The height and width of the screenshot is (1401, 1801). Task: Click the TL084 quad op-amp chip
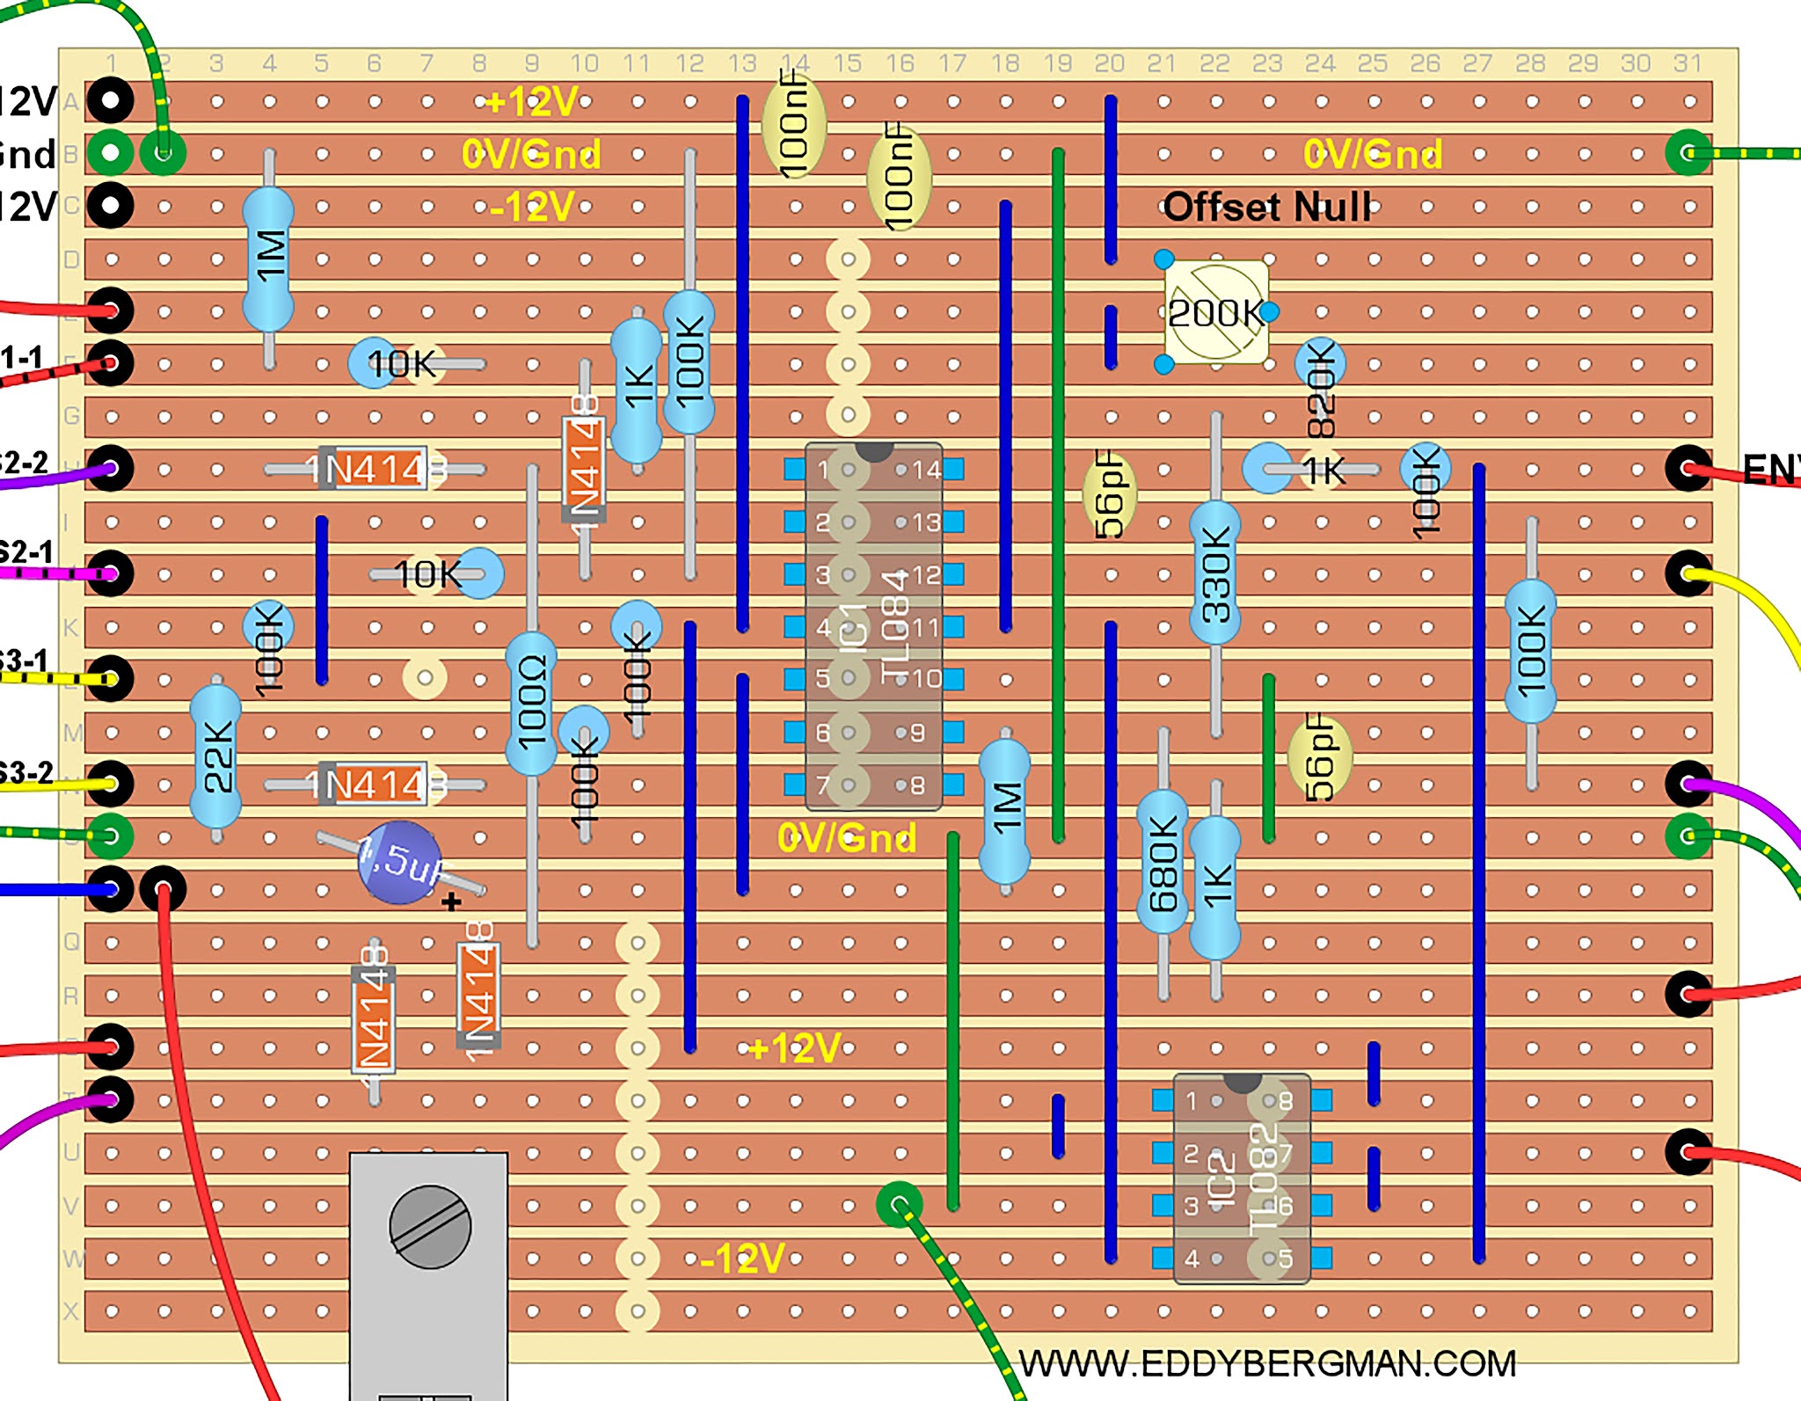pyautogui.click(x=873, y=626)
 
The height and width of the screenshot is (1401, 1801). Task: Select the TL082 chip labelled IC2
pyautogui.click(x=1242, y=1178)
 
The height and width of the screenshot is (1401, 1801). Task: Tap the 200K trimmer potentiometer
pyautogui.click(x=1216, y=312)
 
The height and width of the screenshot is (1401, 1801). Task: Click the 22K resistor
pyautogui.click(x=215, y=756)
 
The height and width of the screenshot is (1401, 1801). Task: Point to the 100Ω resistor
pyautogui.click(x=531, y=704)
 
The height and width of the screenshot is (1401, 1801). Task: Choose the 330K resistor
pyautogui.click(x=1215, y=573)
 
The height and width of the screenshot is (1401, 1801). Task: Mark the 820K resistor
pyautogui.click(x=1320, y=387)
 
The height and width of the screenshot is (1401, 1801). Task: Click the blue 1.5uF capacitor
pyautogui.click(x=400, y=863)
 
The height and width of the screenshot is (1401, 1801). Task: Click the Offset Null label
pyautogui.click(x=1266, y=208)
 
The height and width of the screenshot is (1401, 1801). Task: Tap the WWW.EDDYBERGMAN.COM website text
pyautogui.click(x=1266, y=1364)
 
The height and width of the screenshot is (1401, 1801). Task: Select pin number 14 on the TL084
pyautogui.click(x=926, y=471)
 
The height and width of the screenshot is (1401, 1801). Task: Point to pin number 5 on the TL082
pyautogui.click(x=1285, y=1259)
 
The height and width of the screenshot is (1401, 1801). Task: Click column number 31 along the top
pyautogui.click(x=1688, y=63)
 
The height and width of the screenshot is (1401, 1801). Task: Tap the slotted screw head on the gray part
pyautogui.click(x=430, y=1227)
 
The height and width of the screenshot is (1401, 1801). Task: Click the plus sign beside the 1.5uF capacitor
pyautogui.click(x=451, y=902)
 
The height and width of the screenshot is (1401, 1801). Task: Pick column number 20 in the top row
pyautogui.click(x=1109, y=63)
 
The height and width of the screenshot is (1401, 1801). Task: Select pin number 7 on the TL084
pyautogui.click(x=823, y=784)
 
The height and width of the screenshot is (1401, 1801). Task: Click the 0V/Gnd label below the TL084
pyautogui.click(x=846, y=838)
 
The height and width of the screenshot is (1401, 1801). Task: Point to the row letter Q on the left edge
pyautogui.click(x=71, y=943)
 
